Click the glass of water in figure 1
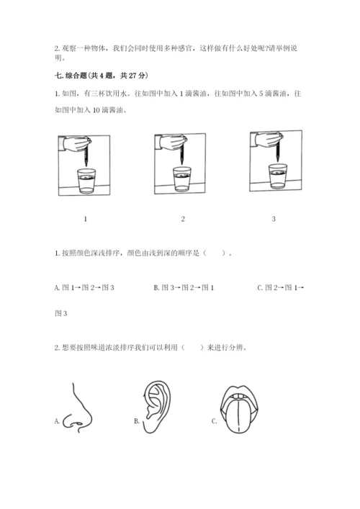86,181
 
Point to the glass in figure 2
182,179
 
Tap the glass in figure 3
278,176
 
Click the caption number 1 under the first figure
86,219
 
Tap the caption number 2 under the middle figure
183,219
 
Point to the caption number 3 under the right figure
274,219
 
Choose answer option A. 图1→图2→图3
84,287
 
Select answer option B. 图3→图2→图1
184,287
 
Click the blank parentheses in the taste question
193,348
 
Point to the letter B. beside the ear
137,421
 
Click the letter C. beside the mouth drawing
215,421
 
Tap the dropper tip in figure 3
278,160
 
